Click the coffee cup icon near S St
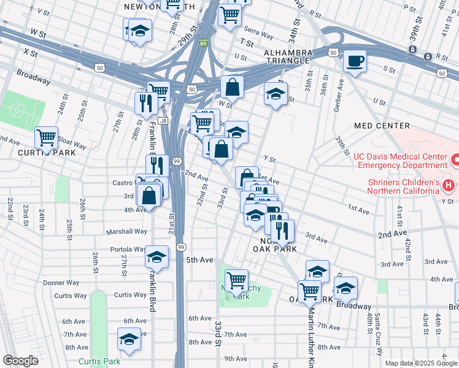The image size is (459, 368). tap(355, 61)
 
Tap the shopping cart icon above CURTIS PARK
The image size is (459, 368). tap(46, 137)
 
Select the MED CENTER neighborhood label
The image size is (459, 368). tap(382, 126)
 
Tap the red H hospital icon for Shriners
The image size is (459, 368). tap(449, 185)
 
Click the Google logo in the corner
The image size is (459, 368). tap(20, 361)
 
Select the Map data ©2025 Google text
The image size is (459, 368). tap(420, 363)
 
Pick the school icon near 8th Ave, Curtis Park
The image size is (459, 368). tap(129, 339)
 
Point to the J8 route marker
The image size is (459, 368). tap(163, 121)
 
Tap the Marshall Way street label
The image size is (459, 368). tap(127, 232)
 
